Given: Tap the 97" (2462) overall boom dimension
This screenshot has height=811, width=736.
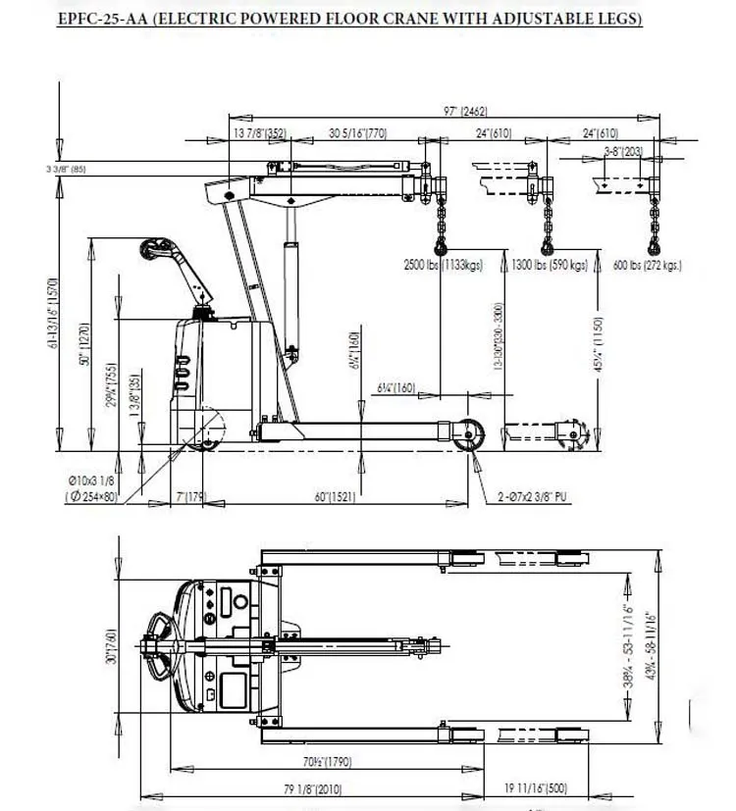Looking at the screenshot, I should point(465,112).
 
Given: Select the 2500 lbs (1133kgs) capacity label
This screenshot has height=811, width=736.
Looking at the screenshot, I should point(444,265).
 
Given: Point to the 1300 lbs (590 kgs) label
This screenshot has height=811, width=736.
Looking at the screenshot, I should point(549,265).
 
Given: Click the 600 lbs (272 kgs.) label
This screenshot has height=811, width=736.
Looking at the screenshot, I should point(647,265).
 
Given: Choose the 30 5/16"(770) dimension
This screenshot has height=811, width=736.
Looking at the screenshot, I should point(358,132).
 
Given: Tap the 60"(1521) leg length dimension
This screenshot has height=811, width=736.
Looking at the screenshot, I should point(336,497).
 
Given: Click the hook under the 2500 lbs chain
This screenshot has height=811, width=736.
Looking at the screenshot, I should point(439,243).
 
